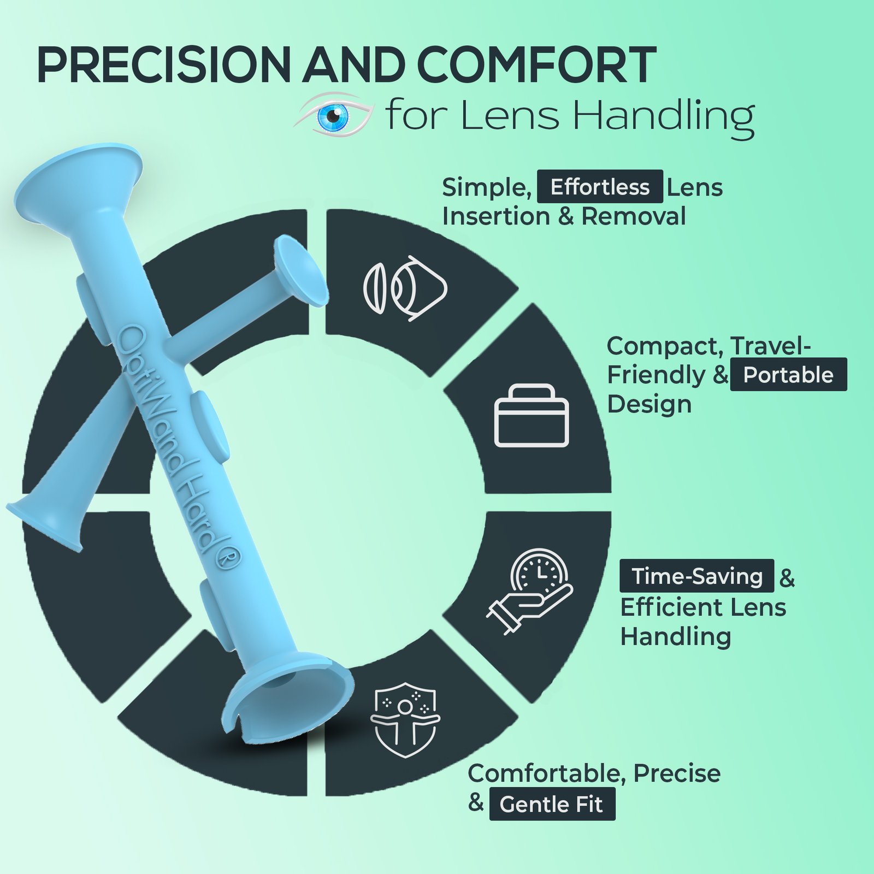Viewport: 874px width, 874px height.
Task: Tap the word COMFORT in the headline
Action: tap(536, 65)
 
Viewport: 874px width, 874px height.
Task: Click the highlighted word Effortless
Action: tap(600, 187)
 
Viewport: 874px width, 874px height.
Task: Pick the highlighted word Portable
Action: tap(788, 375)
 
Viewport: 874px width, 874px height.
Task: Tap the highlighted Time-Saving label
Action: tap(696, 576)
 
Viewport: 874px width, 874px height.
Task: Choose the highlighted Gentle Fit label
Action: tap(552, 804)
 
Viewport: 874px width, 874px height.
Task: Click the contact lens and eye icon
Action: tap(405, 288)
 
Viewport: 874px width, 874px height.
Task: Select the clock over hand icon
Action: tap(529, 591)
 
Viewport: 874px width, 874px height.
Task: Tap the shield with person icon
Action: tap(405, 720)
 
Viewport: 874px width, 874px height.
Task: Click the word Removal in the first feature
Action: tap(633, 216)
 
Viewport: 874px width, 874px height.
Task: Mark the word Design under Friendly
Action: tap(649, 405)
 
